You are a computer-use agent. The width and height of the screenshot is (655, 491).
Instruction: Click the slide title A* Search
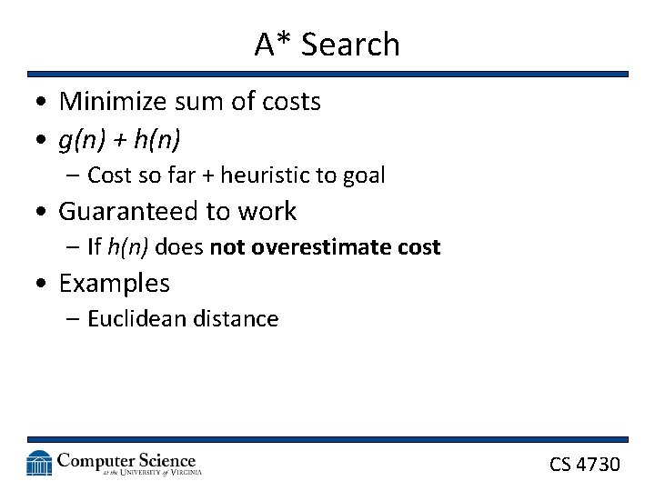point(327,44)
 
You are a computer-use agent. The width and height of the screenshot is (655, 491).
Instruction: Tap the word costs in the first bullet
point(290,102)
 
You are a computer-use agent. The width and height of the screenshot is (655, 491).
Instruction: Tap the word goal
point(363,175)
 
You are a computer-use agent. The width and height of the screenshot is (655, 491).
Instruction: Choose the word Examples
point(114,283)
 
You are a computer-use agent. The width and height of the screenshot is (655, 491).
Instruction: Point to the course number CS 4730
point(584,465)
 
